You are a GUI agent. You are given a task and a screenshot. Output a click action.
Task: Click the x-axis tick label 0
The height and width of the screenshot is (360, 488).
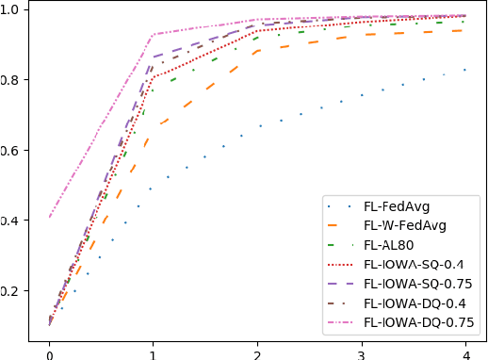coord(49,351)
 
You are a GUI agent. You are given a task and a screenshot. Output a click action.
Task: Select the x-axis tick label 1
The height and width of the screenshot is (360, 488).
coord(153,351)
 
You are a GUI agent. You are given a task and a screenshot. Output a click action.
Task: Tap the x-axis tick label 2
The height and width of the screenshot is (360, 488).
coord(257,351)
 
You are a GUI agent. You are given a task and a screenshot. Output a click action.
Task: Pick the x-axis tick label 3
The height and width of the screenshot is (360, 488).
coord(361,351)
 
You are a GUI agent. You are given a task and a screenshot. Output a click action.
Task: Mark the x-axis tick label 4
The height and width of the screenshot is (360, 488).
coord(464,351)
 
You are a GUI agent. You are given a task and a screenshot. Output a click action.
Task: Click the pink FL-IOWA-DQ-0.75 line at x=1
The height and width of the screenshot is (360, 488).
coord(153,35)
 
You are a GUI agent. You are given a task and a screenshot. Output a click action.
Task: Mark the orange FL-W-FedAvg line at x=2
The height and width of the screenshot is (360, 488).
coord(257,51)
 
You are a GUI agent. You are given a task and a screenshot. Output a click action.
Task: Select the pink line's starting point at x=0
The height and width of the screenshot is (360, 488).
coord(49,217)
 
